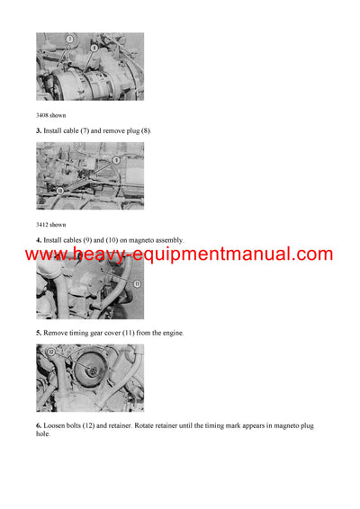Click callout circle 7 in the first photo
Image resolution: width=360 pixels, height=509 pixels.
pos(70,39)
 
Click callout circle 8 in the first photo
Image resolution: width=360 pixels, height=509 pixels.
pos(94,47)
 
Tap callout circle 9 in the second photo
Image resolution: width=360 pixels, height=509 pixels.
pos(116,160)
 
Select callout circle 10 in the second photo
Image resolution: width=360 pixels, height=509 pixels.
pos(59,192)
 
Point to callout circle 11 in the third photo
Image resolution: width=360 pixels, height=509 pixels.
pos(137,284)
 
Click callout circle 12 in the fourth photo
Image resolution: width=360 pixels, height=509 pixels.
pos(50,353)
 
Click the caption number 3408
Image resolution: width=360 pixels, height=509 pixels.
pos(44,115)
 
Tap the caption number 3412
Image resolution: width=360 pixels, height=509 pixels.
pos(44,224)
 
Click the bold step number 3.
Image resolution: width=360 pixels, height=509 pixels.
pos(38,131)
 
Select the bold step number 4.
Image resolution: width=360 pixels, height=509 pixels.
pos(38,240)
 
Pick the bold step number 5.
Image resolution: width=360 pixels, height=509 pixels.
pos(38,334)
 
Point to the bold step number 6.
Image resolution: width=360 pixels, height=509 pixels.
pos(38,425)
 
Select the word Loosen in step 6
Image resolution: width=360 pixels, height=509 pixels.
pos(56,425)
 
